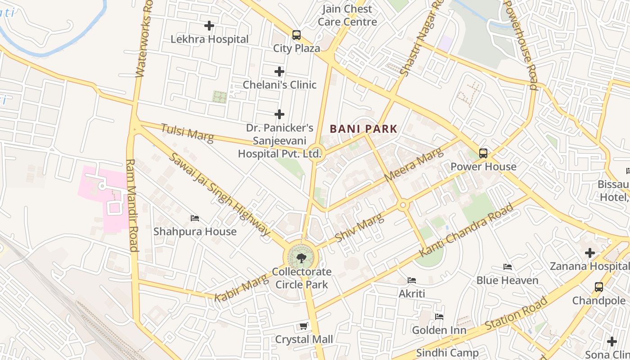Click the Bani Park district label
pyautogui.click(x=364, y=129)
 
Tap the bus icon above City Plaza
pyautogui.click(x=296, y=35)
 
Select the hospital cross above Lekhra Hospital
pyautogui.click(x=209, y=26)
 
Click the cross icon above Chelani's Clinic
pyautogui.click(x=279, y=72)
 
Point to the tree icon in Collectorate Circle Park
pyautogui.click(x=301, y=258)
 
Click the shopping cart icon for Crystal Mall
pyautogui.click(x=304, y=326)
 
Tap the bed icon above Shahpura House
pyautogui.click(x=195, y=218)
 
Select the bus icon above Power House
pyautogui.click(x=483, y=153)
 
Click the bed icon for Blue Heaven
pyautogui.click(x=508, y=267)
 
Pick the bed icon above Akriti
pyautogui.click(x=412, y=280)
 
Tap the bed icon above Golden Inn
pyautogui.click(x=439, y=317)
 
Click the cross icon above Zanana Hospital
pyautogui.click(x=589, y=253)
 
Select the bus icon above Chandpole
pyautogui.click(x=598, y=287)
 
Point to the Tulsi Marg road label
pyautogui.click(x=187, y=133)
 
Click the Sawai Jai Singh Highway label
pyautogui.click(x=220, y=194)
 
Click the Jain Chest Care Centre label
pyautogui.click(x=347, y=15)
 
